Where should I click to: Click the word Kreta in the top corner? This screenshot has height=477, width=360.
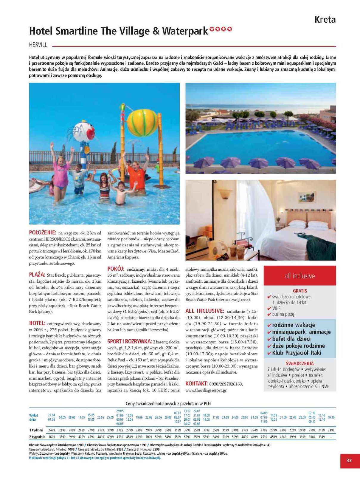(325, 20)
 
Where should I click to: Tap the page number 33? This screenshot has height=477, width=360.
(349, 460)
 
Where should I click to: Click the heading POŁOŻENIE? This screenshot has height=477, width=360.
(42, 233)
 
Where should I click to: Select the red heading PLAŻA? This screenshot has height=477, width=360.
(37, 275)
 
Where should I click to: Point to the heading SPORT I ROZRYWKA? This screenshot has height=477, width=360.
(129, 341)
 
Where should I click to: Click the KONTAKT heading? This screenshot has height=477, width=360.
(196, 383)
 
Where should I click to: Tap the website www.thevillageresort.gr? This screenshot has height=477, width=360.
(206, 390)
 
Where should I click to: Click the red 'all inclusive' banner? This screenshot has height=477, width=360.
(300, 276)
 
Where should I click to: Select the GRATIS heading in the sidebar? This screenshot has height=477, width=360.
(300, 291)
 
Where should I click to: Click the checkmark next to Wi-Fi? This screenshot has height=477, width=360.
(269, 309)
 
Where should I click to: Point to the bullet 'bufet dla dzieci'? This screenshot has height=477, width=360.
(291, 339)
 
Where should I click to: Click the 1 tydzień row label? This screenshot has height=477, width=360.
(36, 430)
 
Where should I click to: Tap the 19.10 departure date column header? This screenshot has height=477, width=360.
(331, 417)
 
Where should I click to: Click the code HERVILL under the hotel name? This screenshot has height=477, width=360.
(38, 45)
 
